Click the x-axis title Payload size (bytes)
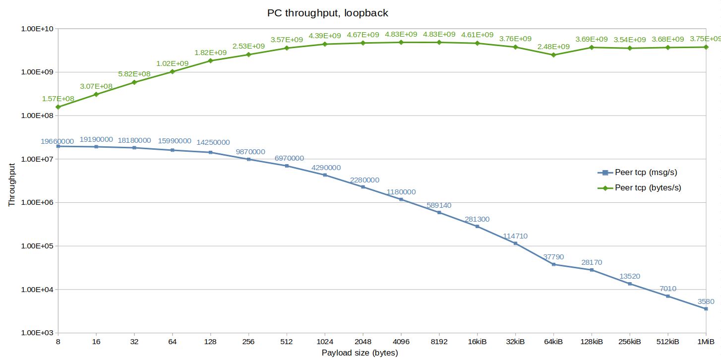[360, 353]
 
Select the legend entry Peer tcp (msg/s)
[646, 173]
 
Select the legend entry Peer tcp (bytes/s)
[648, 188]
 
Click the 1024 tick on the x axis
[324, 342]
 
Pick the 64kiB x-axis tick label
[553, 342]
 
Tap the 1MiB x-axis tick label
[706, 342]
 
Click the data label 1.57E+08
[58, 99]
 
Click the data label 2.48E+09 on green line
[553, 47]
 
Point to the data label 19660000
[58, 141]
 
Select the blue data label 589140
[439, 205]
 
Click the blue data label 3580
[706, 301]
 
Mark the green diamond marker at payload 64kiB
[553, 55]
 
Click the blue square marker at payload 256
[248, 159]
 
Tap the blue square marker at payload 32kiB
[515, 243]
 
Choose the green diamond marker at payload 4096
[401, 42]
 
